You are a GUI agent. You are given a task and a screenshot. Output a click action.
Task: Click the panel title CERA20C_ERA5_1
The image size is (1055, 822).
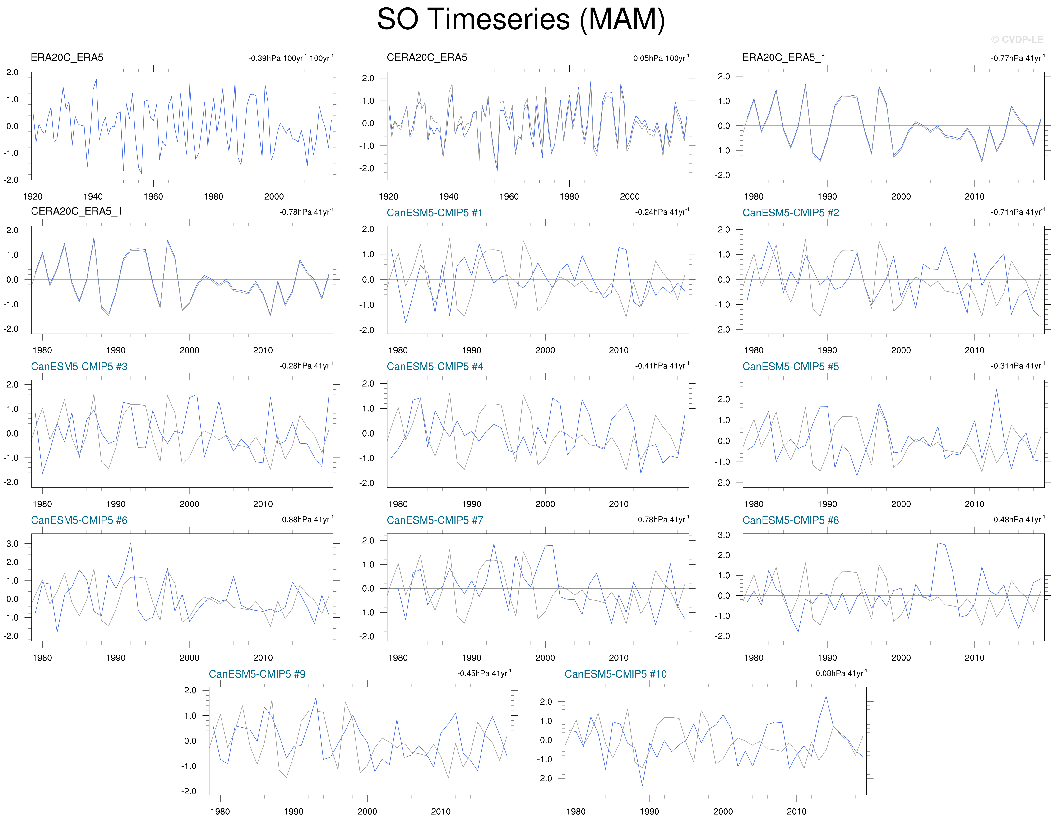[76, 211]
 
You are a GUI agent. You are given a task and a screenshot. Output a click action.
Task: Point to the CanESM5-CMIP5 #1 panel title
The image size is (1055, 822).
[434, 213]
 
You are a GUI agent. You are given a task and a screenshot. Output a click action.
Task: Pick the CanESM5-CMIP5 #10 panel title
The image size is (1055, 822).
[615, 674]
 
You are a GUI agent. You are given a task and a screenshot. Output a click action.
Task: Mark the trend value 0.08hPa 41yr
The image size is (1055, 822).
[841, 673]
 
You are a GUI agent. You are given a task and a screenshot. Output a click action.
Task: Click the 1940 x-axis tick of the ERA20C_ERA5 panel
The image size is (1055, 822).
[93, 196]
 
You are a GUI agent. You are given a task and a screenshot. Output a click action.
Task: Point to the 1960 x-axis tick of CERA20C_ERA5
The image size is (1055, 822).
[509, 196]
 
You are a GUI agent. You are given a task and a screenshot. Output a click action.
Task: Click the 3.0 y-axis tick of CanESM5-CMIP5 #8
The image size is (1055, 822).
[724, 535]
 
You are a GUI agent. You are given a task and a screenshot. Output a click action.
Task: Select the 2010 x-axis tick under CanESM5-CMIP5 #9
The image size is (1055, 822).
[440, 811]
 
